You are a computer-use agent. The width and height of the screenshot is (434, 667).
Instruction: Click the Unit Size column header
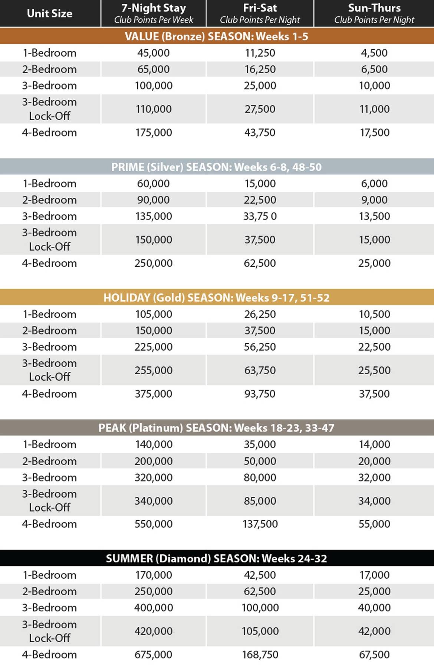point(50,13)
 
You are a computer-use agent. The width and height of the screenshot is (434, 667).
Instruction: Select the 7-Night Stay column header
point(154,13)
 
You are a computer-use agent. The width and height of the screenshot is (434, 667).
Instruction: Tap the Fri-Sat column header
point(260,13)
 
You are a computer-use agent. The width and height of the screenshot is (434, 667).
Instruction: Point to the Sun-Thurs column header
point(374,13)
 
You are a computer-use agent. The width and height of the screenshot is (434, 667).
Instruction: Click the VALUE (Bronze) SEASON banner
point(217,36)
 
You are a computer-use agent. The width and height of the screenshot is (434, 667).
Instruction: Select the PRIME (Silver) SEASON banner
point(217,167)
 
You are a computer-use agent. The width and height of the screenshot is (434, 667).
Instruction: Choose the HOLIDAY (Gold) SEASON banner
point(217,298)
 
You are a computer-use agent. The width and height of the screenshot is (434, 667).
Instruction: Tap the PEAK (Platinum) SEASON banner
point(217,428)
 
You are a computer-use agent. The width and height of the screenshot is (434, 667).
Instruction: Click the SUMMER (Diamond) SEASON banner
point(217,558)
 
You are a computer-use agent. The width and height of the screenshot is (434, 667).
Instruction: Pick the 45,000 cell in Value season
point(154,53)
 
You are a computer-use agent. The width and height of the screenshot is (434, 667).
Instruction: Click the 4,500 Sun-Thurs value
point(374,53)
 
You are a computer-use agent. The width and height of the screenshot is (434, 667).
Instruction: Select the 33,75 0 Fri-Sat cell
point(260,216)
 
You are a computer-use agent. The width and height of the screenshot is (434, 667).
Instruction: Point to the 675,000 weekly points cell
point(154,654)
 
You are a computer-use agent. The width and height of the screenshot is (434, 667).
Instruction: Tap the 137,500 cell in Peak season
point(260,524)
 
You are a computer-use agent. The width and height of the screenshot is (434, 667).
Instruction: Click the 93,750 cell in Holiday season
point(260,394)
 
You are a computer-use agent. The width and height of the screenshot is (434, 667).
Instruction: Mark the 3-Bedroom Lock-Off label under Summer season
point(50,631)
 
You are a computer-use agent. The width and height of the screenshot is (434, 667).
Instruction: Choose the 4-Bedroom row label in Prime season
point(50,263)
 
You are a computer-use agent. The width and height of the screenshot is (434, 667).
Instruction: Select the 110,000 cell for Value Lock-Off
point(154,109)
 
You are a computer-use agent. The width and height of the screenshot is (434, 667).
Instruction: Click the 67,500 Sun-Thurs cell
point(374,654)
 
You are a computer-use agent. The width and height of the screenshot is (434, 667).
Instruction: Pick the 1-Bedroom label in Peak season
point(50,444)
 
